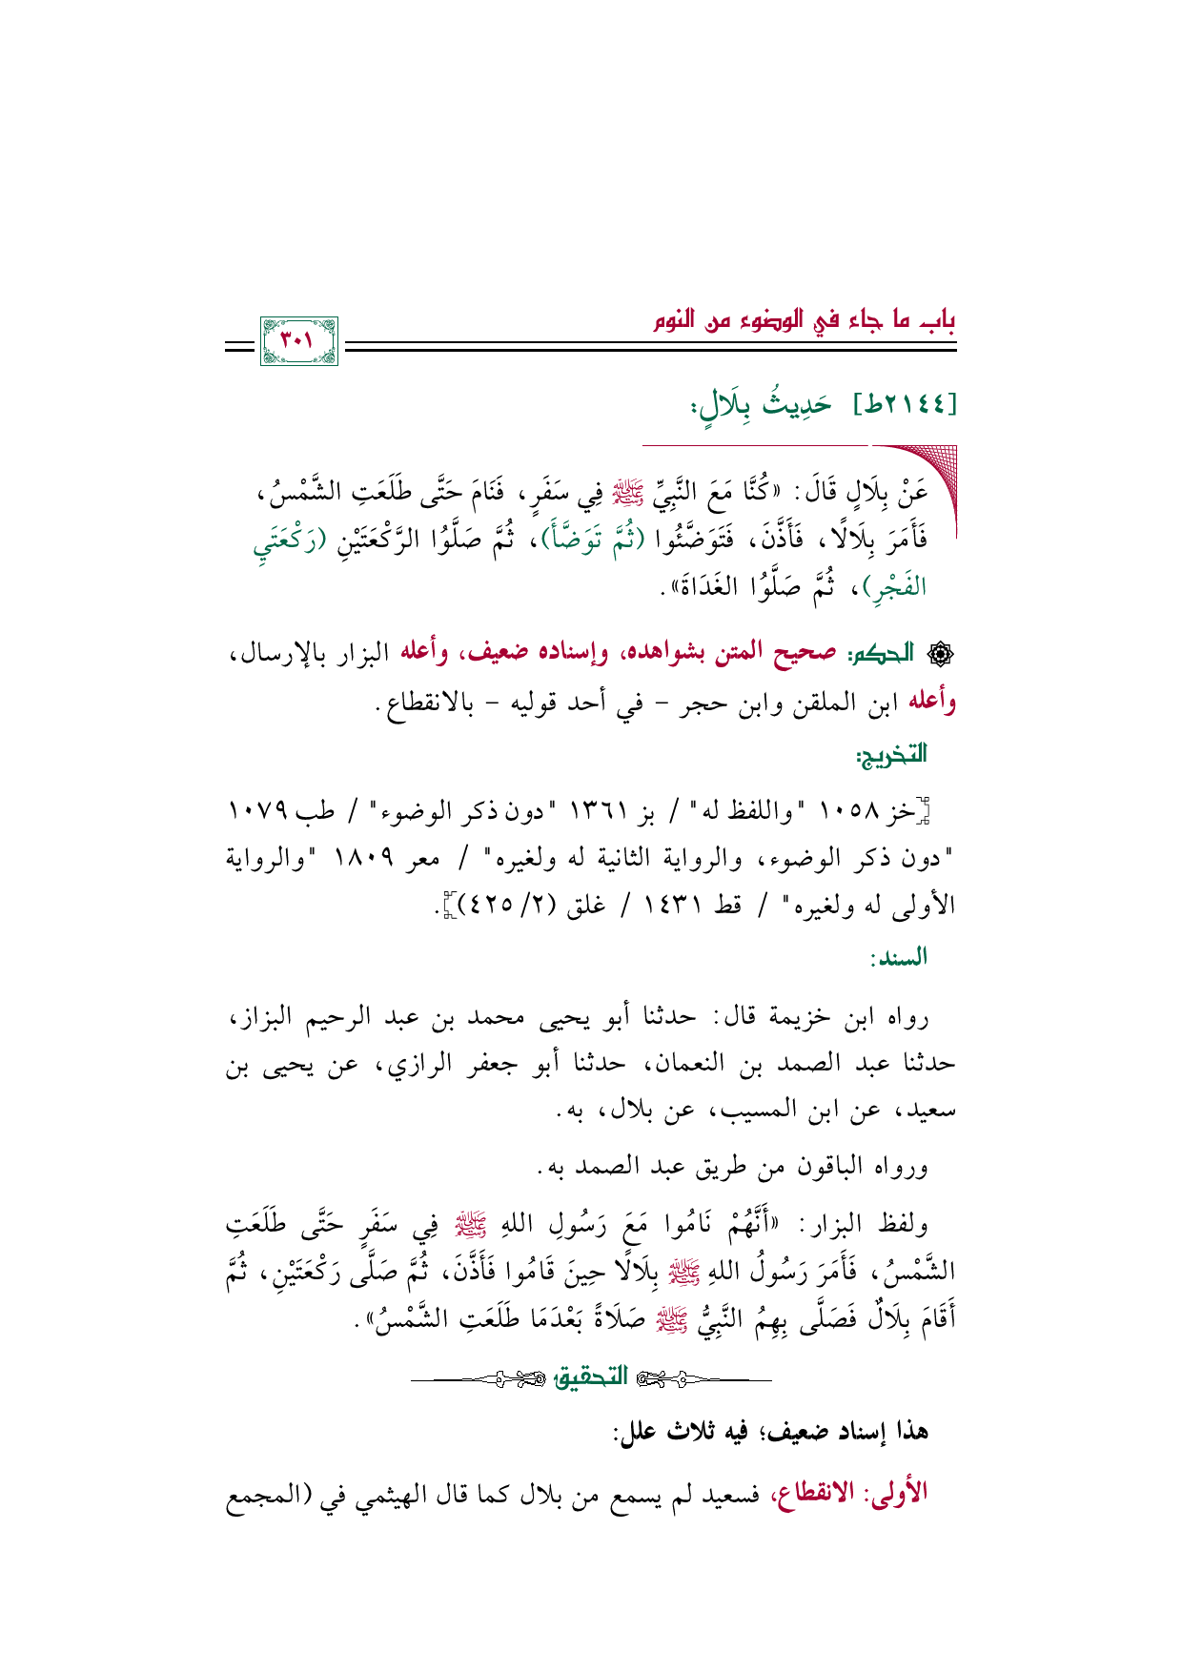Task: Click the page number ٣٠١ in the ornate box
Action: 299,340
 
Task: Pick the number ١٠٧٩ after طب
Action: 256,813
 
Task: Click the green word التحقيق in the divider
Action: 592,1376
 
